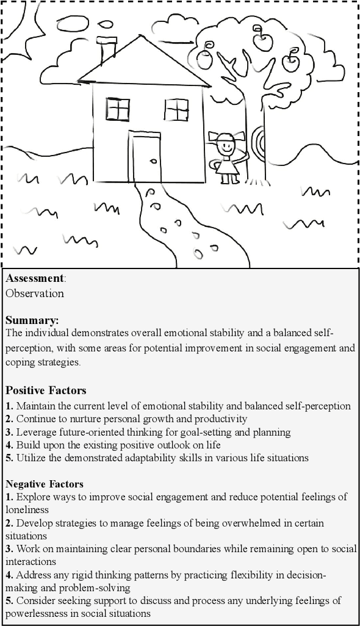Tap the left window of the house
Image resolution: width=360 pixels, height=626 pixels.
coord(118,110)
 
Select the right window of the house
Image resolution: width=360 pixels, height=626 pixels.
coord(176,110)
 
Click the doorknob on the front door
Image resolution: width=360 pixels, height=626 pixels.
coord(153,161)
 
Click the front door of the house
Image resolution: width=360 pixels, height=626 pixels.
coord(146,159)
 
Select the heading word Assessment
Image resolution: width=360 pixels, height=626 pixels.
coord(35,279)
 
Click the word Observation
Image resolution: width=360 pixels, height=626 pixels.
coord(35,293)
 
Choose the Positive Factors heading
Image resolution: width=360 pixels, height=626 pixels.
coord(46,390)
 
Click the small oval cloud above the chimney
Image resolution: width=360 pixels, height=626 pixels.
coord(106,25)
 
